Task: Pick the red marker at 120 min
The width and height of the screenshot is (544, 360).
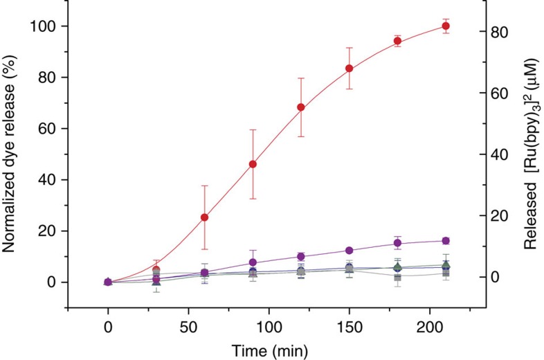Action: (301, 107)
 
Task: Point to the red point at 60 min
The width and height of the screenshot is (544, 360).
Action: (205, 217)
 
